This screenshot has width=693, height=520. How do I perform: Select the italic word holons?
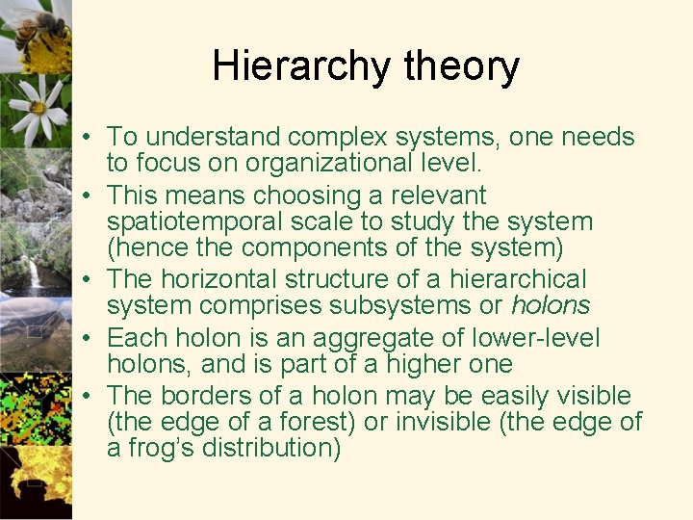tap(550, 305)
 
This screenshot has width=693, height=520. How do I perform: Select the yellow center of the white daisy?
tap(39, 107)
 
